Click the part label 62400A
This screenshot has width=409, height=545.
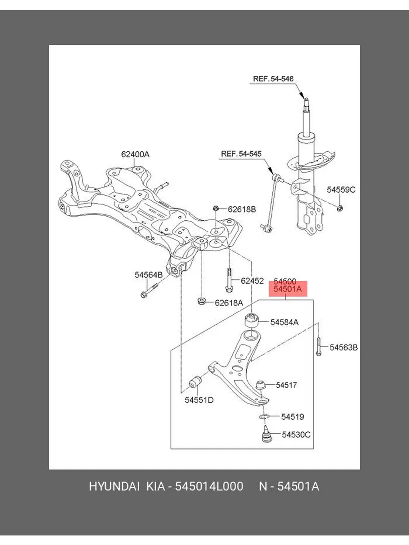(x=135, y=154)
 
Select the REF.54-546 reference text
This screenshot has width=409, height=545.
(x=273, y=79)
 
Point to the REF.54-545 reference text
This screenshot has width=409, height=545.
(x=241, y=154)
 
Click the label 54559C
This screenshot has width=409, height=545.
(x=342, y=190)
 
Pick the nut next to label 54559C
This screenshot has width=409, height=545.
(x=341, y=208)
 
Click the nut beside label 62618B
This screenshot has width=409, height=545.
(x=216, y=208)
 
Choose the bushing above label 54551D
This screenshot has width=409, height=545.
(x=196, y=383)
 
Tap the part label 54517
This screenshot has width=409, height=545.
(x=286, y=385)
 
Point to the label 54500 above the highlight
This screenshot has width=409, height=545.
(x=285, y=282)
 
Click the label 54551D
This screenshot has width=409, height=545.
(x=199, y=400)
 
